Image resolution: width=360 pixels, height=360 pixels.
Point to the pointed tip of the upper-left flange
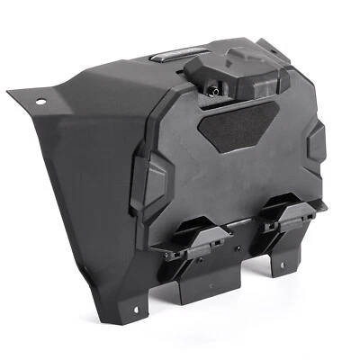[9, 90]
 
